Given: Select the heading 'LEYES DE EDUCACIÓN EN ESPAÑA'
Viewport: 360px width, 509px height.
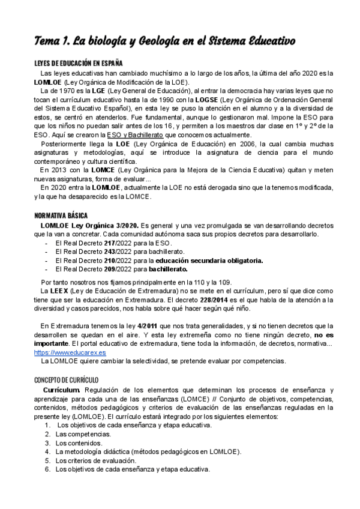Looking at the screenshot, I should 78,63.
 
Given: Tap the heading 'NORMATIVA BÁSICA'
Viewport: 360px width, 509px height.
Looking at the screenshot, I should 61,215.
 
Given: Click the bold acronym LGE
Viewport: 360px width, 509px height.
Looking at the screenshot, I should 80,91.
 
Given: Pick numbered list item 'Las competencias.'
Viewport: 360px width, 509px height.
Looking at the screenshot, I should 83,433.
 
